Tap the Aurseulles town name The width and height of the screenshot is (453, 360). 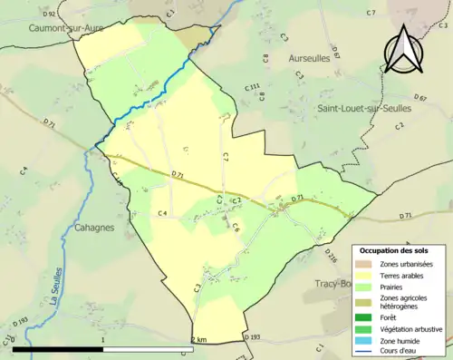click(309, 57)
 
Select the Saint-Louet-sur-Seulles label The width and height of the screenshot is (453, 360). click(364, 108)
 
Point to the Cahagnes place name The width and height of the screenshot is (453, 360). click(94, 229)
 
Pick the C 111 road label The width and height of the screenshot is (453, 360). click(253, 87)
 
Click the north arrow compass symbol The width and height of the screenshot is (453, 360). click(402, 47)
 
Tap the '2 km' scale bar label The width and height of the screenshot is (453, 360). click(200, 339)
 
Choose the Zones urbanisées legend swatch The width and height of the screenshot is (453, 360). click(370, 263)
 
